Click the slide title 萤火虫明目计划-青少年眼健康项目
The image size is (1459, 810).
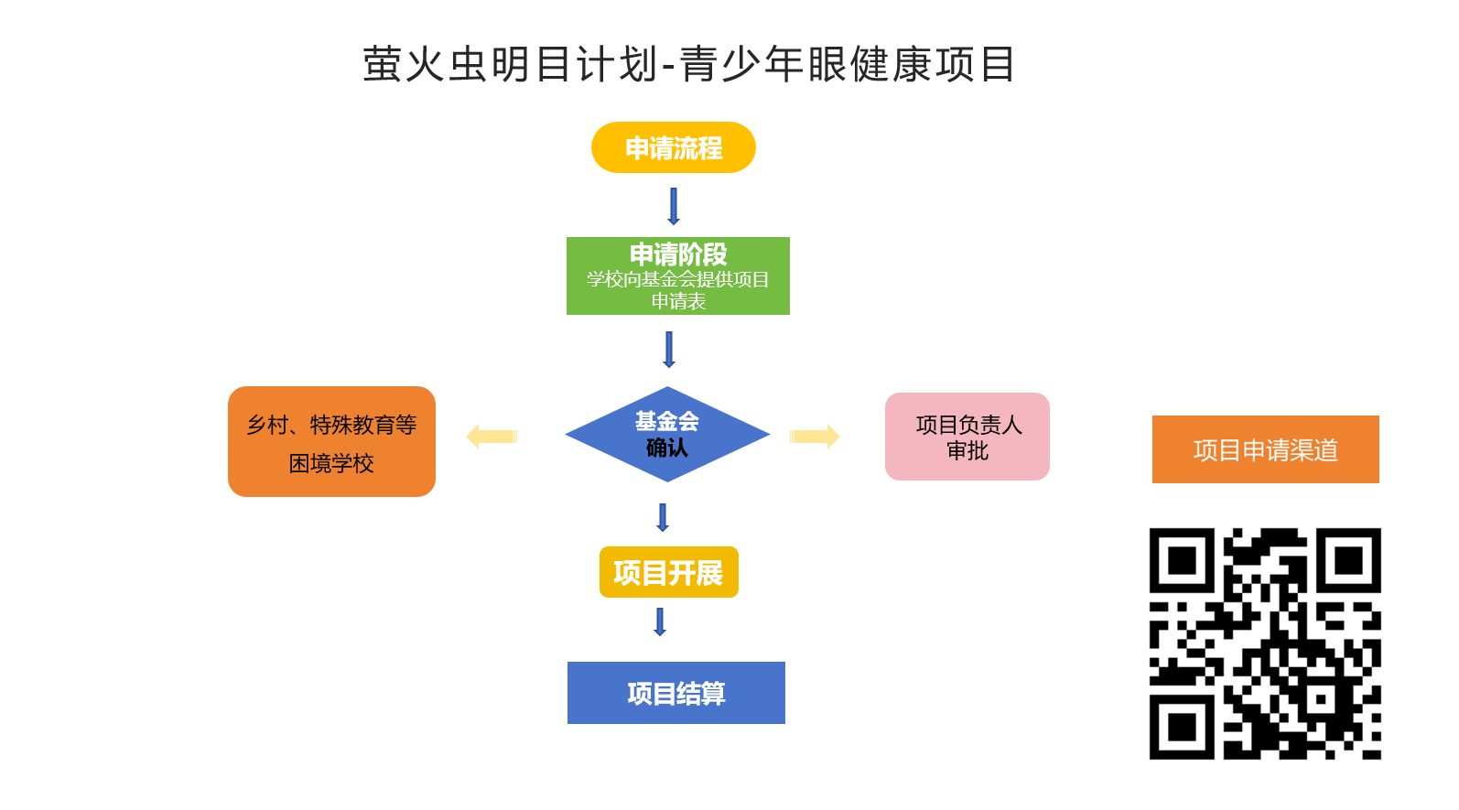click(x=688, y=65)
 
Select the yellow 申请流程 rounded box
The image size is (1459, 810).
click(x=674, y=147)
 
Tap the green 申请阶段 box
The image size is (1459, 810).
click(x=678, y=275)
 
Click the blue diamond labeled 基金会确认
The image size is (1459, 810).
click(x=667, y=435)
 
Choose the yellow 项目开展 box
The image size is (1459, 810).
click(x=668, y=573)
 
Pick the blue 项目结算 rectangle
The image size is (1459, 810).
click(x=676, y=693)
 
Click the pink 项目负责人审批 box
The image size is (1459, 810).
click(x=967, y=437)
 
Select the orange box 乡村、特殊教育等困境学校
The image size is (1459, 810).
click(x=331, y=442)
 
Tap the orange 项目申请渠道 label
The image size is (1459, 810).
click(x=1265, y=449)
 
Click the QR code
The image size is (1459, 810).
click(x=1265, y=643)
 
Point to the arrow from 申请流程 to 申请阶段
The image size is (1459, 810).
click(x=674, y=206)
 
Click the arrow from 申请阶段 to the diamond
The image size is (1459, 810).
click(x=669, y=350)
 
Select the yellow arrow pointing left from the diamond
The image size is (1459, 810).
click(x=492, y=437)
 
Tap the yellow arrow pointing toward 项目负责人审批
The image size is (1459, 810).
click(x=815, y=437)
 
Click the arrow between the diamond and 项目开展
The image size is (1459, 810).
click(x=663, y=517)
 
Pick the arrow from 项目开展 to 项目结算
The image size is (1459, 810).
click(x=660, y=621)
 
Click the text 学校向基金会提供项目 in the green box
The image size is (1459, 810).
click(x=678, y=279)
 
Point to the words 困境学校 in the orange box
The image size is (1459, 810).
click(x=331, y=464)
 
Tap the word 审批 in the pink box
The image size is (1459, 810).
click(x=967, y=451)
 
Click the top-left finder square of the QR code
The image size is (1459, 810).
click(x=1182, y=560)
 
